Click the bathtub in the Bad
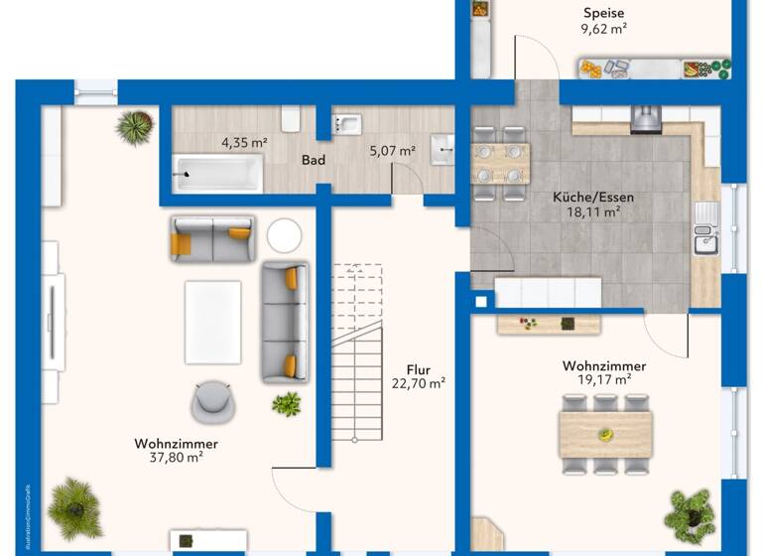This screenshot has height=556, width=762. [217, 174]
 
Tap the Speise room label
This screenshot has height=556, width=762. [603, 13]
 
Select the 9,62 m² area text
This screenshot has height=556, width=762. [603, 29]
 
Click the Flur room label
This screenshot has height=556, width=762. [418, 368]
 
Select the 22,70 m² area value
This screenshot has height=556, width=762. [418, 383]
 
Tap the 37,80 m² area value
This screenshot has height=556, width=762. [176, 458]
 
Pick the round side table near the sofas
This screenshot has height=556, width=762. [284, 235]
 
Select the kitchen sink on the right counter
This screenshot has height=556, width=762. [704, 241]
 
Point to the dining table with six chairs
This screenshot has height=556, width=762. [604, 434]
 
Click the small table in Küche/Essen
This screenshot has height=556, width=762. [500, 163]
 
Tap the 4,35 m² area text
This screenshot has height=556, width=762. [243, 143]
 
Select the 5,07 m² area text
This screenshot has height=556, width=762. [392, 152]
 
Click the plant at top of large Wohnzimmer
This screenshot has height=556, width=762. [135, 127]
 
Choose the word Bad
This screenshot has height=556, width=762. [315, 159]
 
